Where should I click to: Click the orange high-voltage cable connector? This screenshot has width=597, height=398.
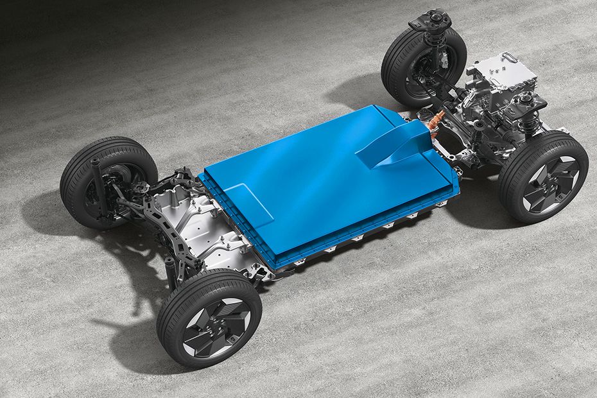[437, 119]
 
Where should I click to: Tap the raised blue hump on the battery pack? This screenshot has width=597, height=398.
[394, 144]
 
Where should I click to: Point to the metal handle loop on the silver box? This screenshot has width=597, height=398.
[514, 62]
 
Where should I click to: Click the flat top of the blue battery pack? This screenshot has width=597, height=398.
[308, 180]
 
